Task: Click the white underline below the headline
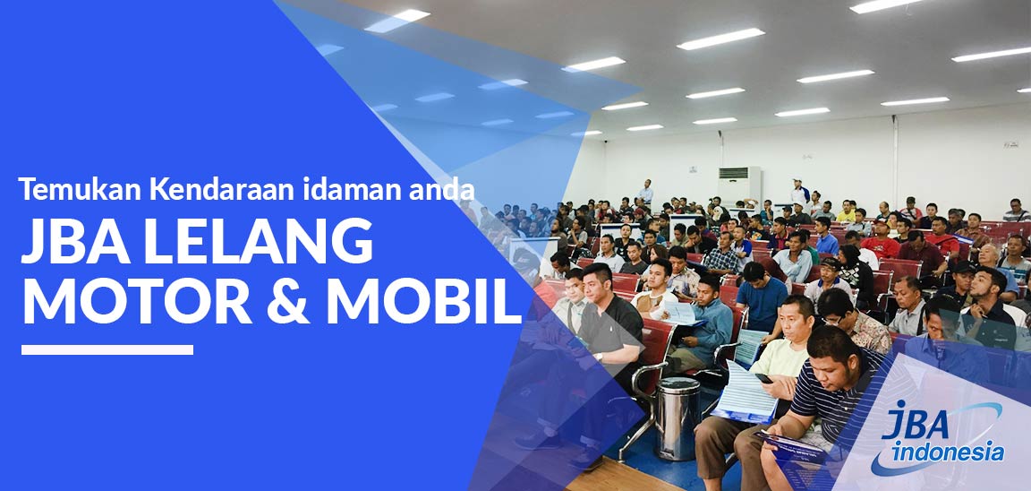click(107, 349)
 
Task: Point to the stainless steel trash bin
click(677, 417)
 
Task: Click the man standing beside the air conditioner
click(645, 192)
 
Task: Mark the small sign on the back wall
click(1010, 143)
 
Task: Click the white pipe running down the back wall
click(894, 161)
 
